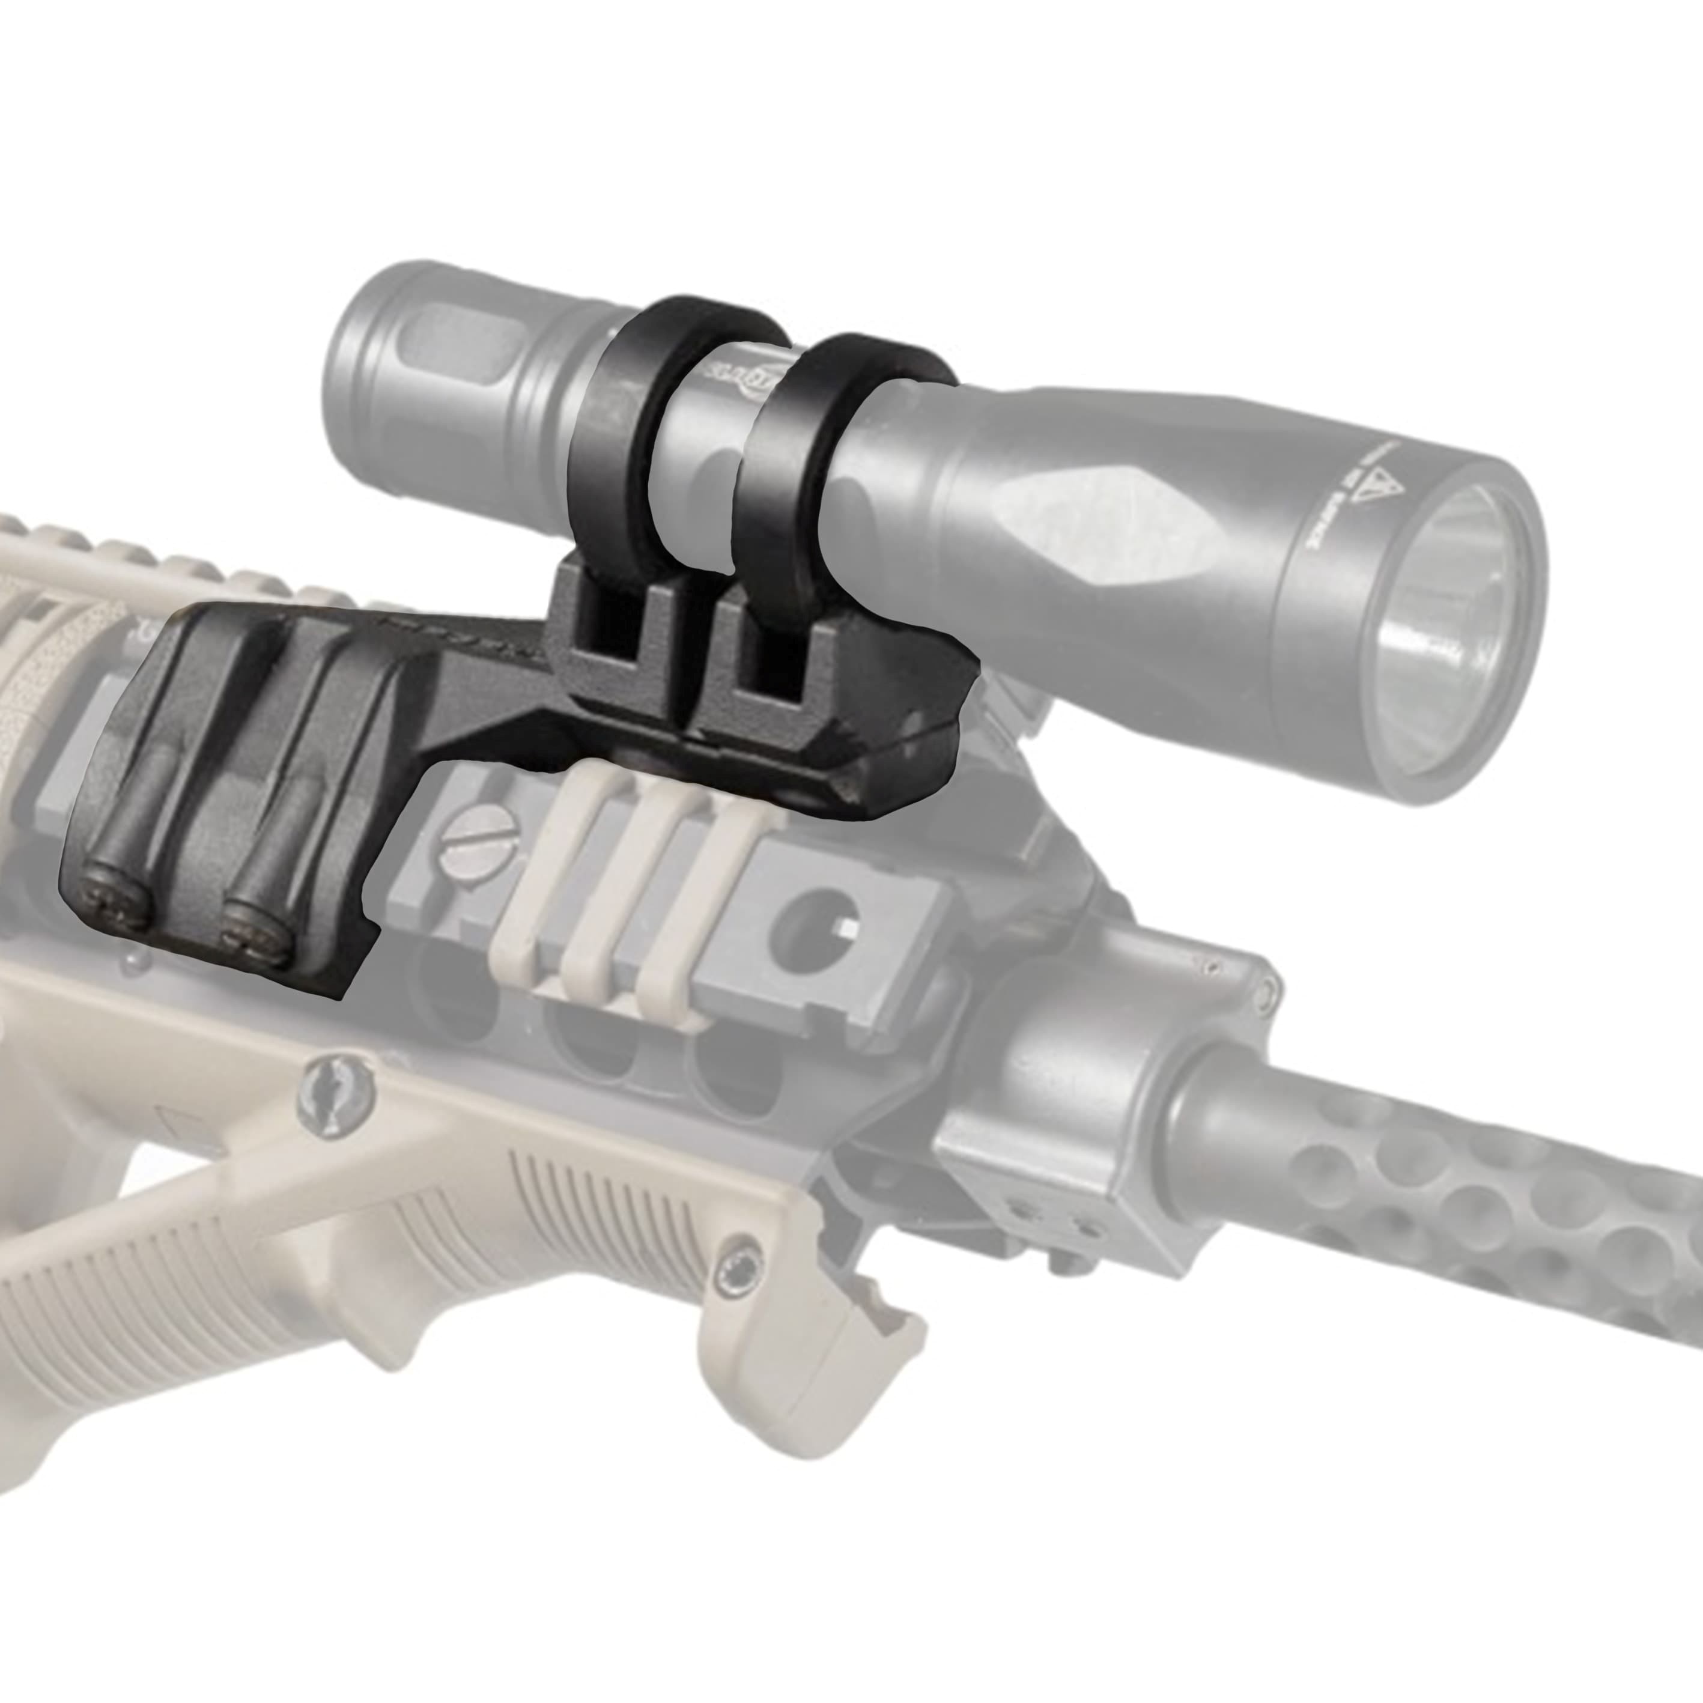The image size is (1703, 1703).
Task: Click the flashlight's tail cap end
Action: tap(353, 370)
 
